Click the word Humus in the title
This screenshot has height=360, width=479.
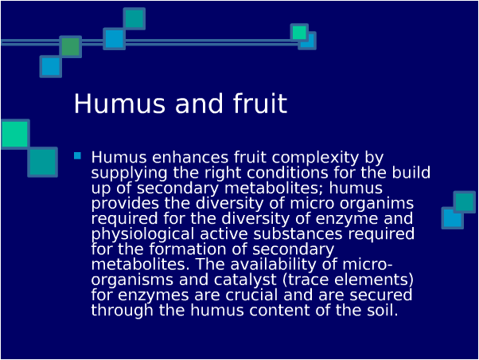click(x=119, y=104)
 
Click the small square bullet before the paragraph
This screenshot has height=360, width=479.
click(x=78, y=156)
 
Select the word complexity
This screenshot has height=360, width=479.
click(x=315, y=158)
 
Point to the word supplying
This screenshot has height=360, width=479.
click(x=129, y=174)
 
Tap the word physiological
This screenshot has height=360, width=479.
click(x=142, y=235)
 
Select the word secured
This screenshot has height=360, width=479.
click(x=380, y=295)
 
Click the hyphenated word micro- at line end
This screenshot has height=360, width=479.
click(x=367, y=264)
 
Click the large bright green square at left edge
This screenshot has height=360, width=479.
click(x=15, y=135)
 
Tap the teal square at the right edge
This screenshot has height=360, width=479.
click(x=465, y=202)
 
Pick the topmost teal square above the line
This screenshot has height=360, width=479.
click(x=134, y=18)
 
